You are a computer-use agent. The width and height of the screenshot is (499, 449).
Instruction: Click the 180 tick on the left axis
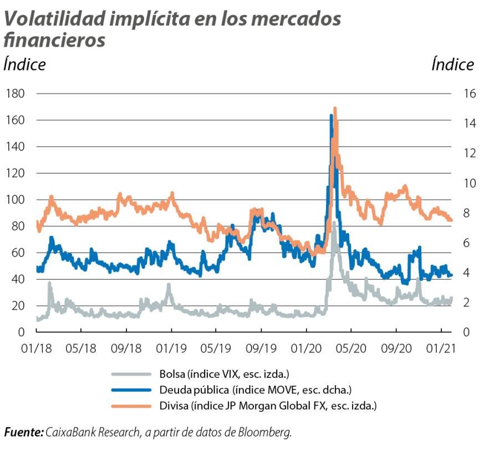click(x=15, y=93)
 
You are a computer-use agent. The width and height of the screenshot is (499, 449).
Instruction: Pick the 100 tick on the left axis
click(x=15, y=200)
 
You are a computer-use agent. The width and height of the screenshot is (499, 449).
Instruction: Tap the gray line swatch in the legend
click(x=131, y=375)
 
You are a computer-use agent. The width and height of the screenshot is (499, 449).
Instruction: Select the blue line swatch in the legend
click(x=131, y=390)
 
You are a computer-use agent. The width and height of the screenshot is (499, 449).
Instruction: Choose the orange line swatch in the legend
click(x=131, y=406)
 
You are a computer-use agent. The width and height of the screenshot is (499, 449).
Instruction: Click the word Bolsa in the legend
click(x=170, y=375)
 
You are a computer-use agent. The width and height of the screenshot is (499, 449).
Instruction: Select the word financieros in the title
click(x=54, y=40)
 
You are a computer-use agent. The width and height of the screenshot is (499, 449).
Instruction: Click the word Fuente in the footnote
click(x=23, y=432)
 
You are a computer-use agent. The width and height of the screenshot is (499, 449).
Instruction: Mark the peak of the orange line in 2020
click(x=335, y=109)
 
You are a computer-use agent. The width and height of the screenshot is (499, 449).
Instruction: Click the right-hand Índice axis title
click(x=452, y=65)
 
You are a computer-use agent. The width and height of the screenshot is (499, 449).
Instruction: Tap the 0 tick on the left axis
click(x=22, y=332)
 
